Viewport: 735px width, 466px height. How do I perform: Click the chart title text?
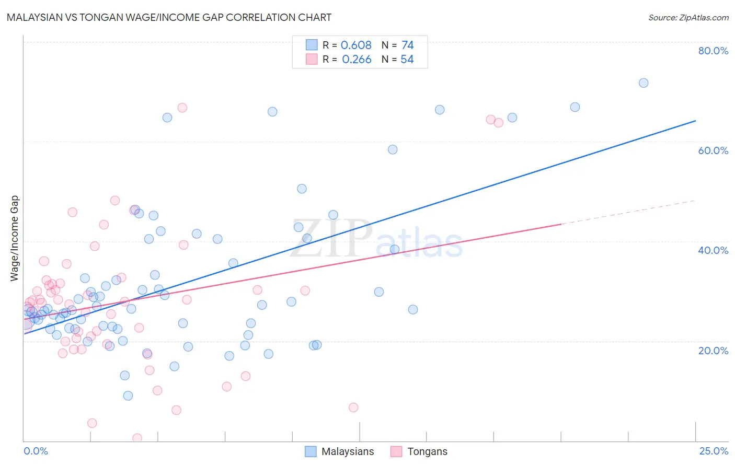coord(169,17)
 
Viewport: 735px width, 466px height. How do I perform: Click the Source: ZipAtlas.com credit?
coord(688,17)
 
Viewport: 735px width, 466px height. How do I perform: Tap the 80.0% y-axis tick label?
coord(713,51)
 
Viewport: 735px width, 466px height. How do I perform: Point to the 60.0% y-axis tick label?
coord(713,150)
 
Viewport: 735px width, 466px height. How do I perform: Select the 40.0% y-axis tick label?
coord(713,250)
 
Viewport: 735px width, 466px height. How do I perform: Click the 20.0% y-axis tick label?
coord(713,351)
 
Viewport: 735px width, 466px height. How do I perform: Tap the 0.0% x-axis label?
coord(36,451)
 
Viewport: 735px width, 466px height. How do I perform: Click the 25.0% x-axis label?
coord(714,451)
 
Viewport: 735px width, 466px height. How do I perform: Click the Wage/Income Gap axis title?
coord(15,238)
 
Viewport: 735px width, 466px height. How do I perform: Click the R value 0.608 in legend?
coord(356,45)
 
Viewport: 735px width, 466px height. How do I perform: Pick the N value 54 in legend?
coord(407,60)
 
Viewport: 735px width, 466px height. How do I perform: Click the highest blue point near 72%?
coord(644,83)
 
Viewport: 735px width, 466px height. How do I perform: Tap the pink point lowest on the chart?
coord(137,438)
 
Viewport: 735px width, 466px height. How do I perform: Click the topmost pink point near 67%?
coord(182,108)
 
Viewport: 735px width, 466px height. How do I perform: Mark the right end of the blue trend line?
coord(695,121)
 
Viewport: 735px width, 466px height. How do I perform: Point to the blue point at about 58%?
coord(393,149)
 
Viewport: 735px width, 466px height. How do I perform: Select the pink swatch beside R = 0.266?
coord(312,59)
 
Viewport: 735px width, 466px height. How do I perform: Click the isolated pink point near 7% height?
coord(353,407)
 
